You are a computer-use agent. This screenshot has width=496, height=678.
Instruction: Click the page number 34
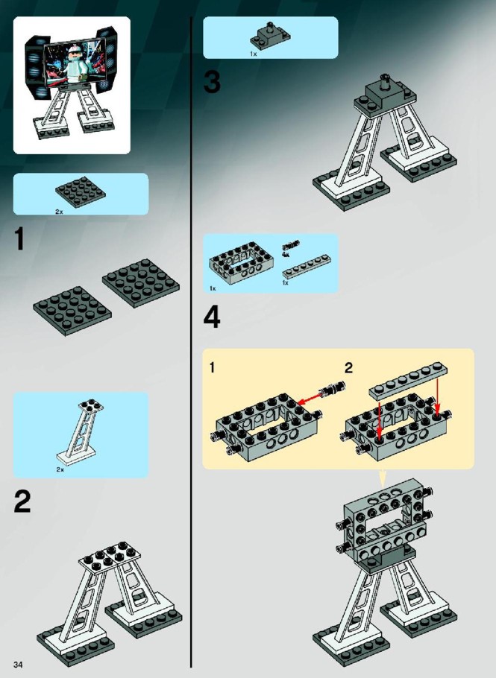pyautogui.click(x=18, y=664)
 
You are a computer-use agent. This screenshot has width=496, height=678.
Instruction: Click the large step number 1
pyautogui.click(x=19, y=238)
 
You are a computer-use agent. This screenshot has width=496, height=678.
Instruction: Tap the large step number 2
pyautogui.click(x=22, y=501)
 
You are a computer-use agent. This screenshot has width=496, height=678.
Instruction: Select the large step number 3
pyautogui.click(x=212, y=82)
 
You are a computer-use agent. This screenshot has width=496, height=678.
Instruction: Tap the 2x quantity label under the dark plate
pyautogui.click(x=59, y=212)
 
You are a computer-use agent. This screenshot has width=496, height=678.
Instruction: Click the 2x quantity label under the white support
pyautogui.click(x=60, y=469)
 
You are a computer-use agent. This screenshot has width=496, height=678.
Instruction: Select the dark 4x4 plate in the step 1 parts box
pyautogui.click(x=81, y=192)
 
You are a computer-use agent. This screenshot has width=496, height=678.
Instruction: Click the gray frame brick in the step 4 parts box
pyautogui.click(x=241, y=262)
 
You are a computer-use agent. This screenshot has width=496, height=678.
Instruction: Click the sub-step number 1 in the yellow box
pyautogui.click(x=212, y=368)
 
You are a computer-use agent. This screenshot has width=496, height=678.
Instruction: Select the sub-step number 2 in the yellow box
pyautogui.click(x=348, y=368)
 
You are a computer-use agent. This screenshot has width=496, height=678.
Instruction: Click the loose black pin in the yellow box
pyautogui.click(x=333, y=388)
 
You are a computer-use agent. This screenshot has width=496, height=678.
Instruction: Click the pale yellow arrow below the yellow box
pyautogui.click(x=382, y=478)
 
